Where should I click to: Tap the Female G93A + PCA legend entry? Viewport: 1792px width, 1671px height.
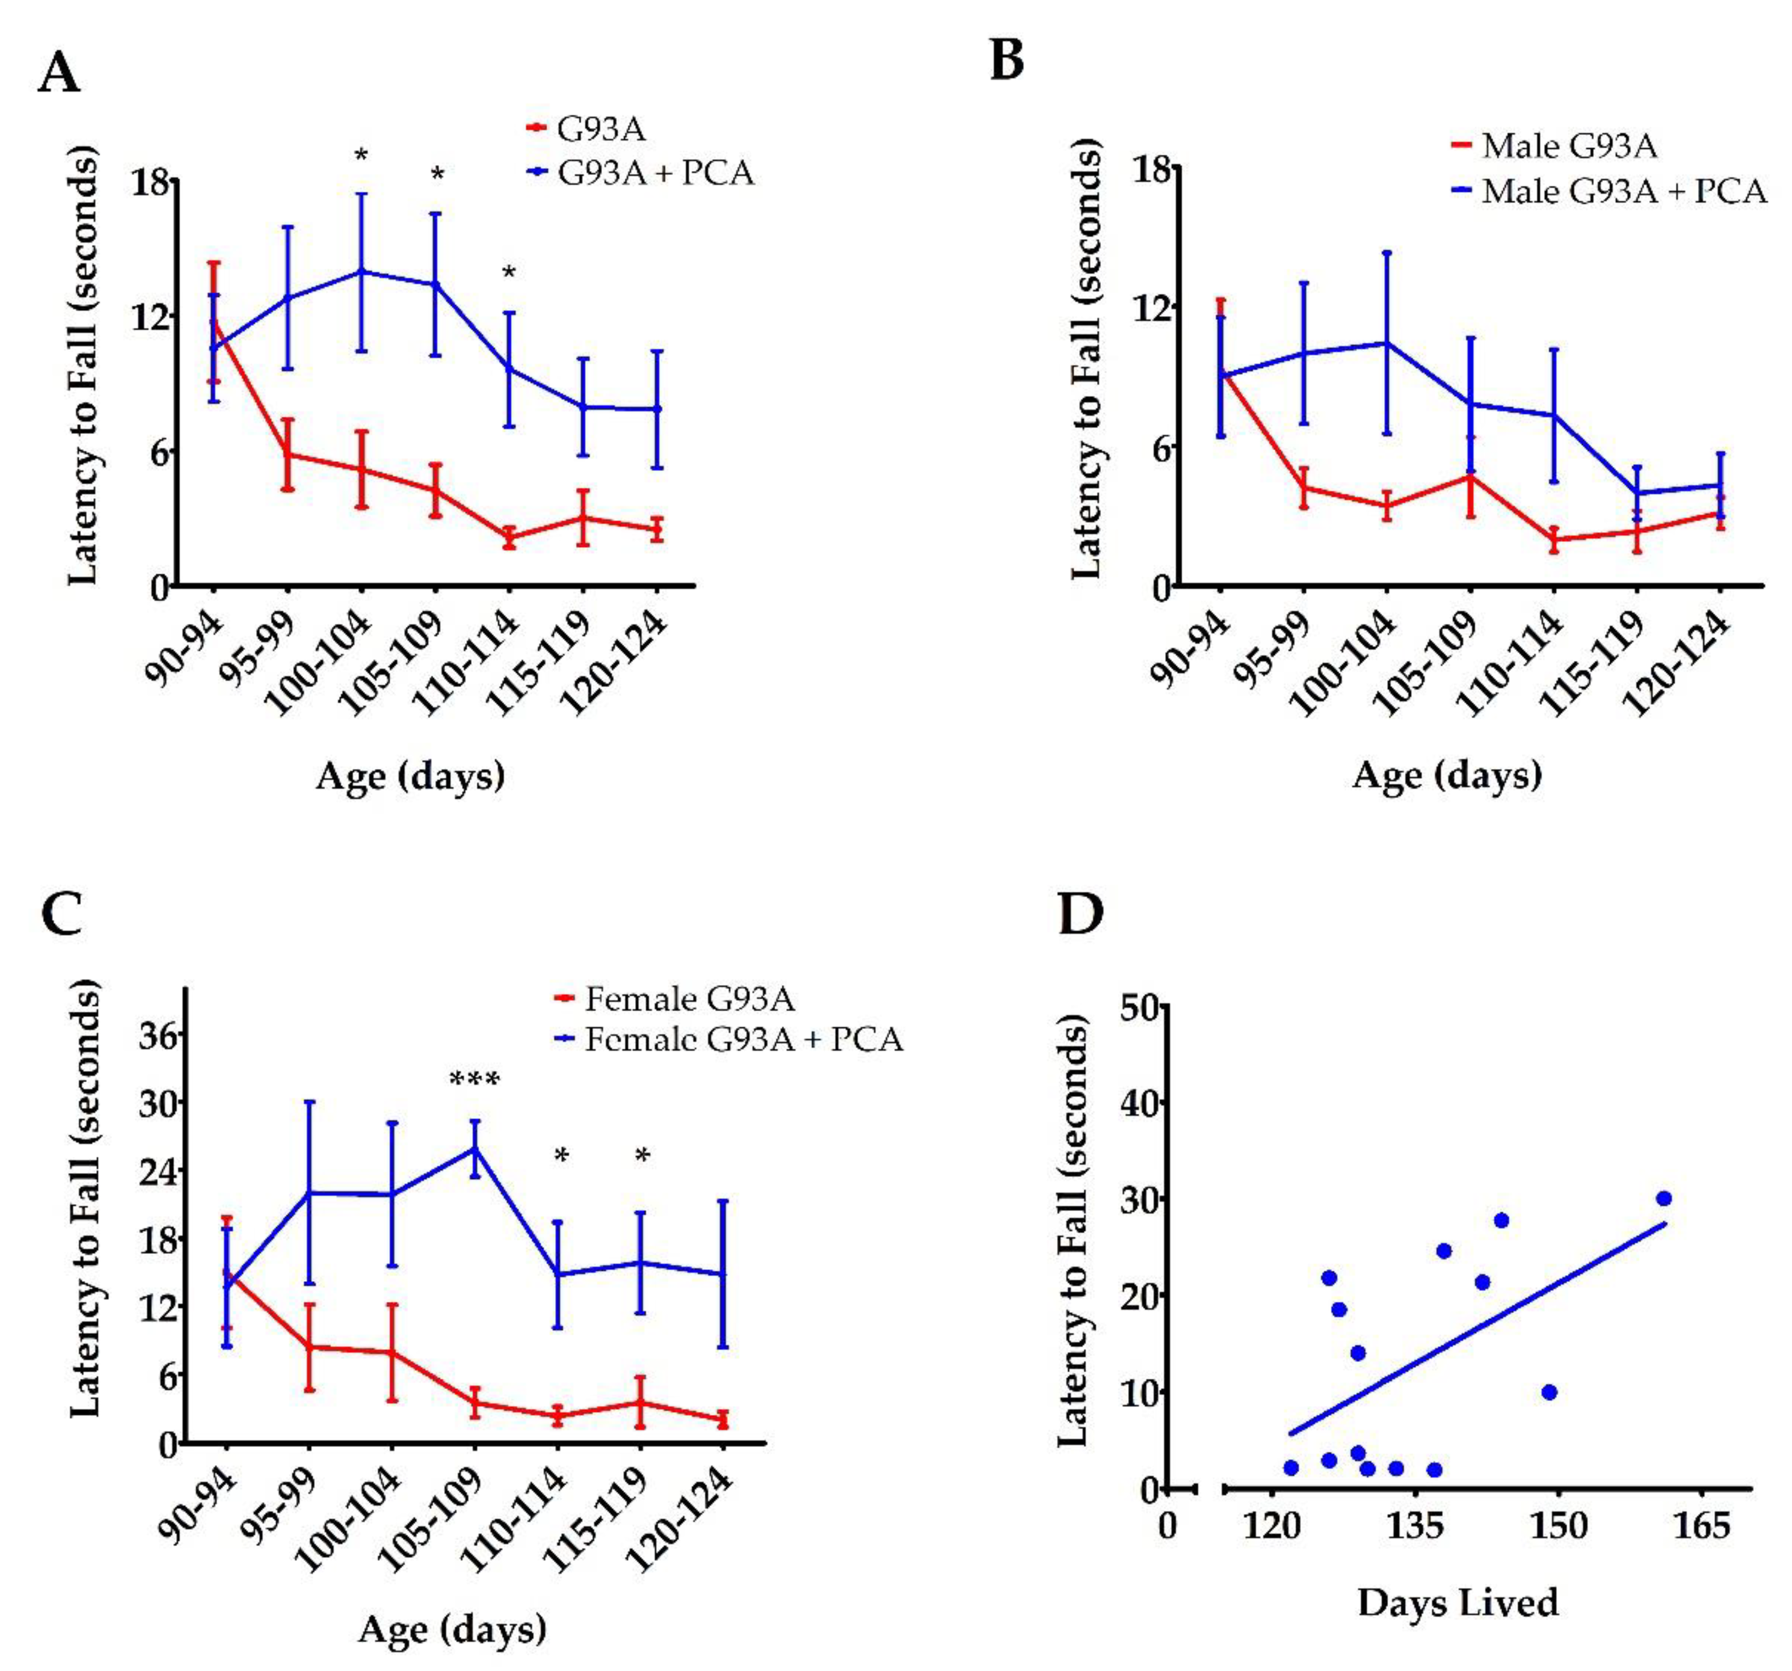tap(743, 1040)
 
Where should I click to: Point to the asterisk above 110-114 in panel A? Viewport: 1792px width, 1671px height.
tap(509, 272)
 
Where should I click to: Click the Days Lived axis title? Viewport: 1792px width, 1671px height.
tap(1458, 1603)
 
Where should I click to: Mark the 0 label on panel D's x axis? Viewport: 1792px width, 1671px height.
tap(1167, 1527)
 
